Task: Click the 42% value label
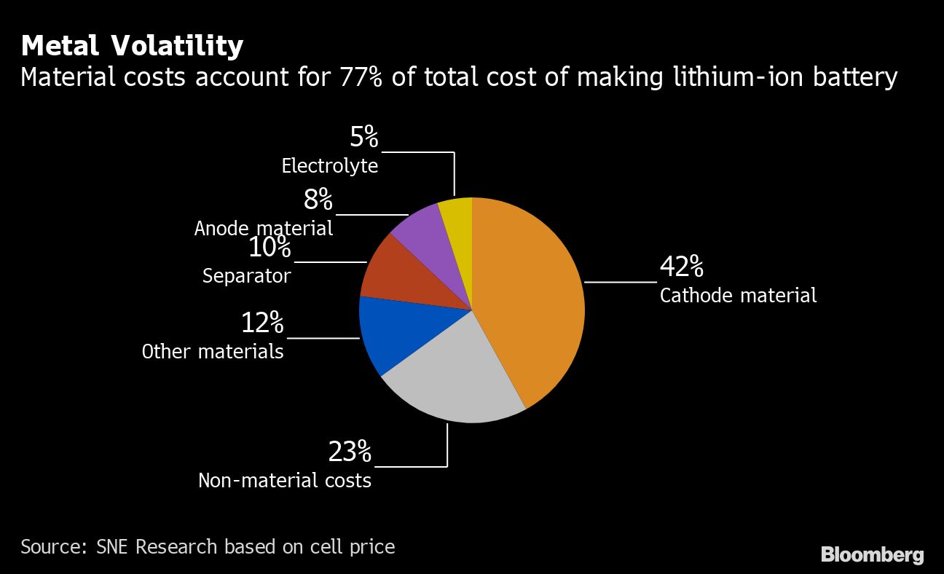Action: [x=681, y=267]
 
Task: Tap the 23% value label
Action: [x=350, y=452]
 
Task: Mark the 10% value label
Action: [x=270, y=248]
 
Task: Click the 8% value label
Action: [x=318, y=200]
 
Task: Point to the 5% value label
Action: [x=363, y=137]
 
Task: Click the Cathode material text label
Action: [x=738, y=295]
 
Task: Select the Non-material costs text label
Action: [x=285, y=481]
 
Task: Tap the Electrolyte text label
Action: [x=330, y=166]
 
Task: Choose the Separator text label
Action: [x=246, y=276]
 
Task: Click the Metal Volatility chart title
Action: [x=132, y=46]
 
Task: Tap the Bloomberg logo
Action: [x=872, y=555]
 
